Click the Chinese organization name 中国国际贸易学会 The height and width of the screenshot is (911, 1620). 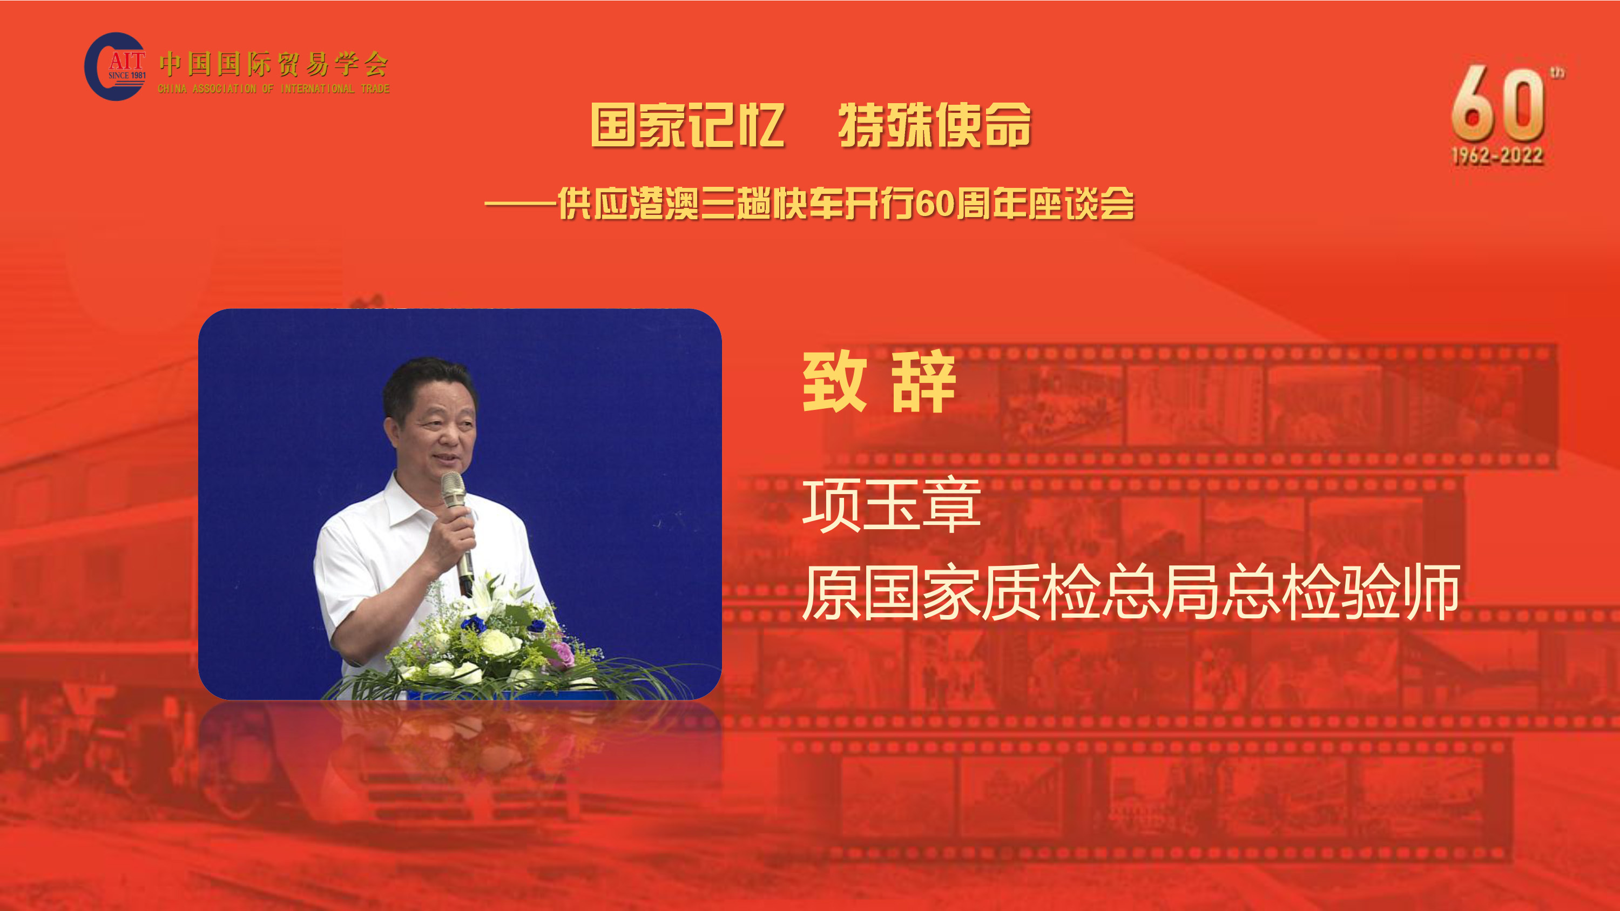point(274,64)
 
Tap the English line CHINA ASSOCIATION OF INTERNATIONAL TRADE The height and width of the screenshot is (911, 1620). point(274,89)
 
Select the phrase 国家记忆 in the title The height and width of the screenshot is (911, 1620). point(687,125)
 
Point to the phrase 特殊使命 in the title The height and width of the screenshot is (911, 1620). point(935,125)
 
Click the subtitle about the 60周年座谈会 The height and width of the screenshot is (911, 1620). point(809,204)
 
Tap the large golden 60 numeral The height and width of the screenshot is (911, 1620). point(1498,104)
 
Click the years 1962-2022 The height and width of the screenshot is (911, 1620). point(1497,156)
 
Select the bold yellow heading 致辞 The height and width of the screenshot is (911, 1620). point(879,382)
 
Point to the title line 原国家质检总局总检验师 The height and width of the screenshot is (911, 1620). point(1131,591)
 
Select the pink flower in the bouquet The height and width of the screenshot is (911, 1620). point(562,654)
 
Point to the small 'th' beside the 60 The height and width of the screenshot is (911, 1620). point(1558,73)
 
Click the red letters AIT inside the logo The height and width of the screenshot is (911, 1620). point(127,60)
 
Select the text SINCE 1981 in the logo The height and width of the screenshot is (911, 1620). point(127,76)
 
